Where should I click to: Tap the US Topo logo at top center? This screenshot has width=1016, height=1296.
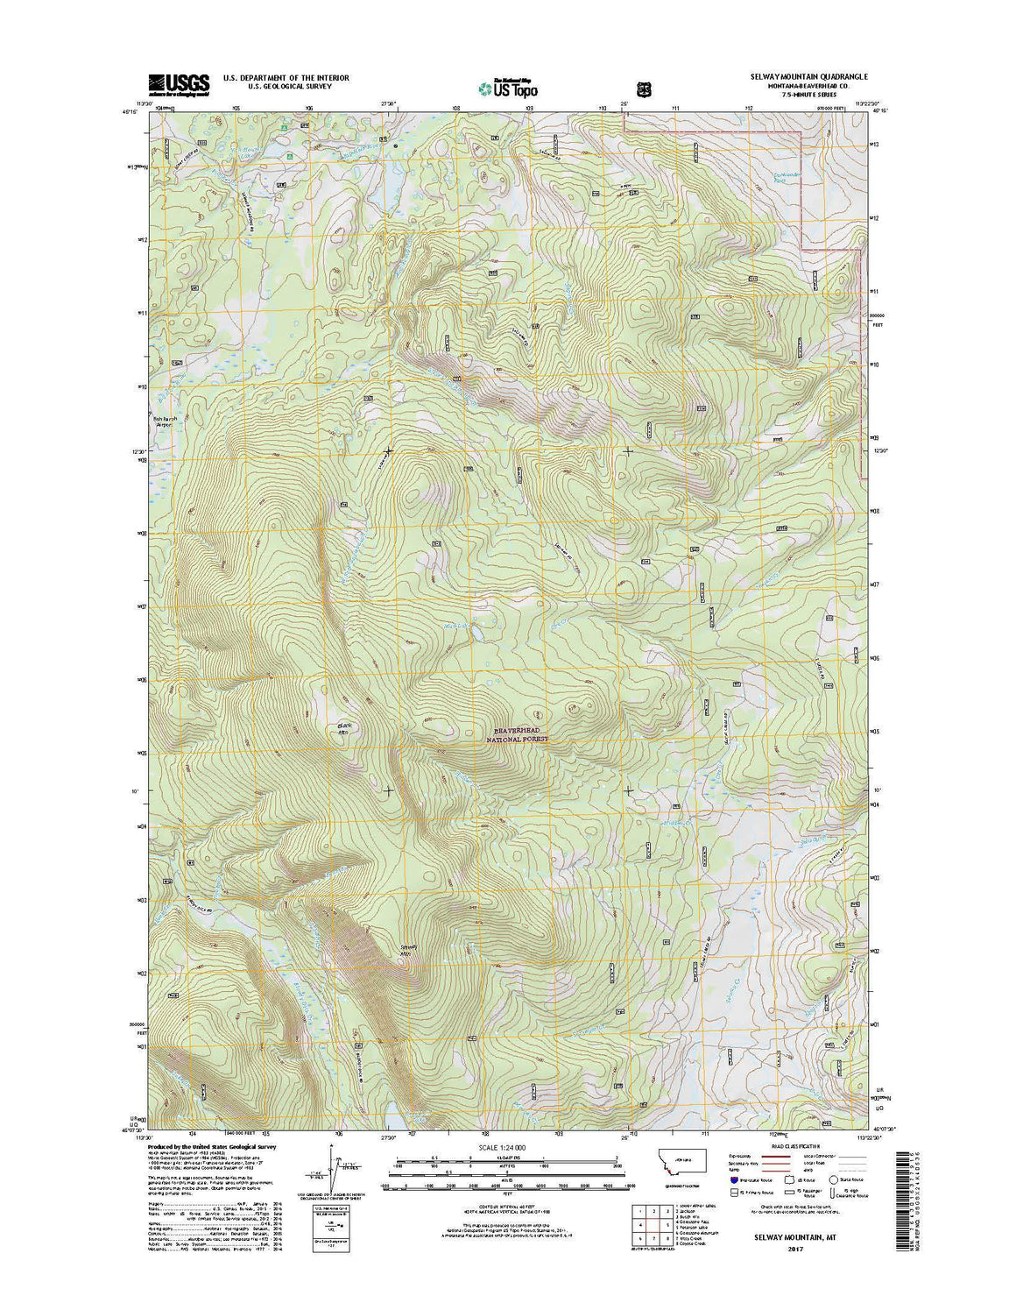[x=508, y=88]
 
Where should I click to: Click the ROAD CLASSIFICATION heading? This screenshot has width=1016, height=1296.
[x=795, y=1145]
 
